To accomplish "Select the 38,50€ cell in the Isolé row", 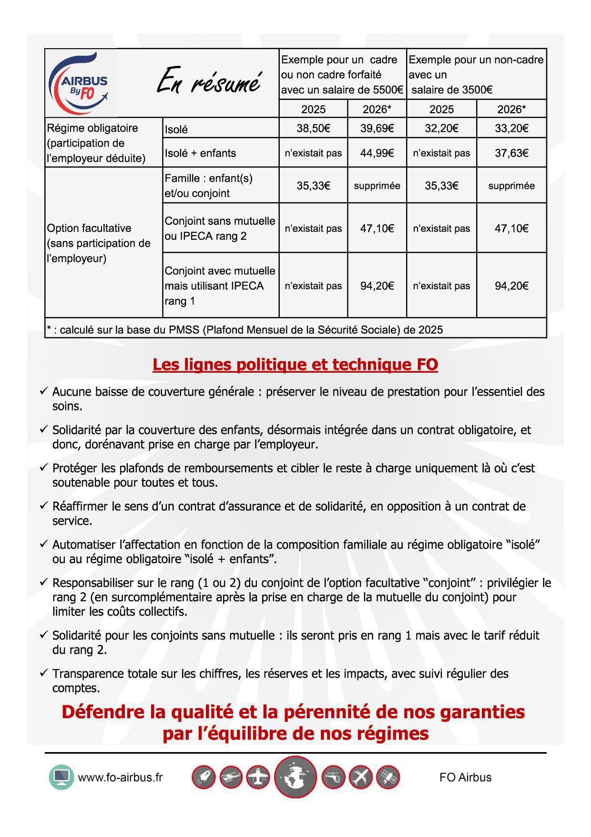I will tap(313, 128).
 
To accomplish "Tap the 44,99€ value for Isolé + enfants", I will tap(377, 153).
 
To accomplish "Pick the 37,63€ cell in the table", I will tap(511, 153).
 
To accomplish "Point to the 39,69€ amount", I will tap(377, 128).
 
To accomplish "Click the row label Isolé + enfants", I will tap(200, 153).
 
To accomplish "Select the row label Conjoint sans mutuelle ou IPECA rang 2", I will tap(220, 228).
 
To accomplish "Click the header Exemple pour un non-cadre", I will tap(476, 60).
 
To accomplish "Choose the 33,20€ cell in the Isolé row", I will tap(511, 128).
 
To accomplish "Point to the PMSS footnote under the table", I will tap(245, 330).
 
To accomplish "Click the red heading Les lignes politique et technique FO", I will tap(295, 365).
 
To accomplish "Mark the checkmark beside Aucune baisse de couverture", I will tap(44, 391).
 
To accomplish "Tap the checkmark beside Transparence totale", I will tap(44, 673).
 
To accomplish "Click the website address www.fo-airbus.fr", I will tap(120, 777).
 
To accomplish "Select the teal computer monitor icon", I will tap(61, 777).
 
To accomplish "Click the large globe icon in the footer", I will tap(295, 777).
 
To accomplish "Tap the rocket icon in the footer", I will tap(204, 777).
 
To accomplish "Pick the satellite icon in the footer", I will tap(387, 777).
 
